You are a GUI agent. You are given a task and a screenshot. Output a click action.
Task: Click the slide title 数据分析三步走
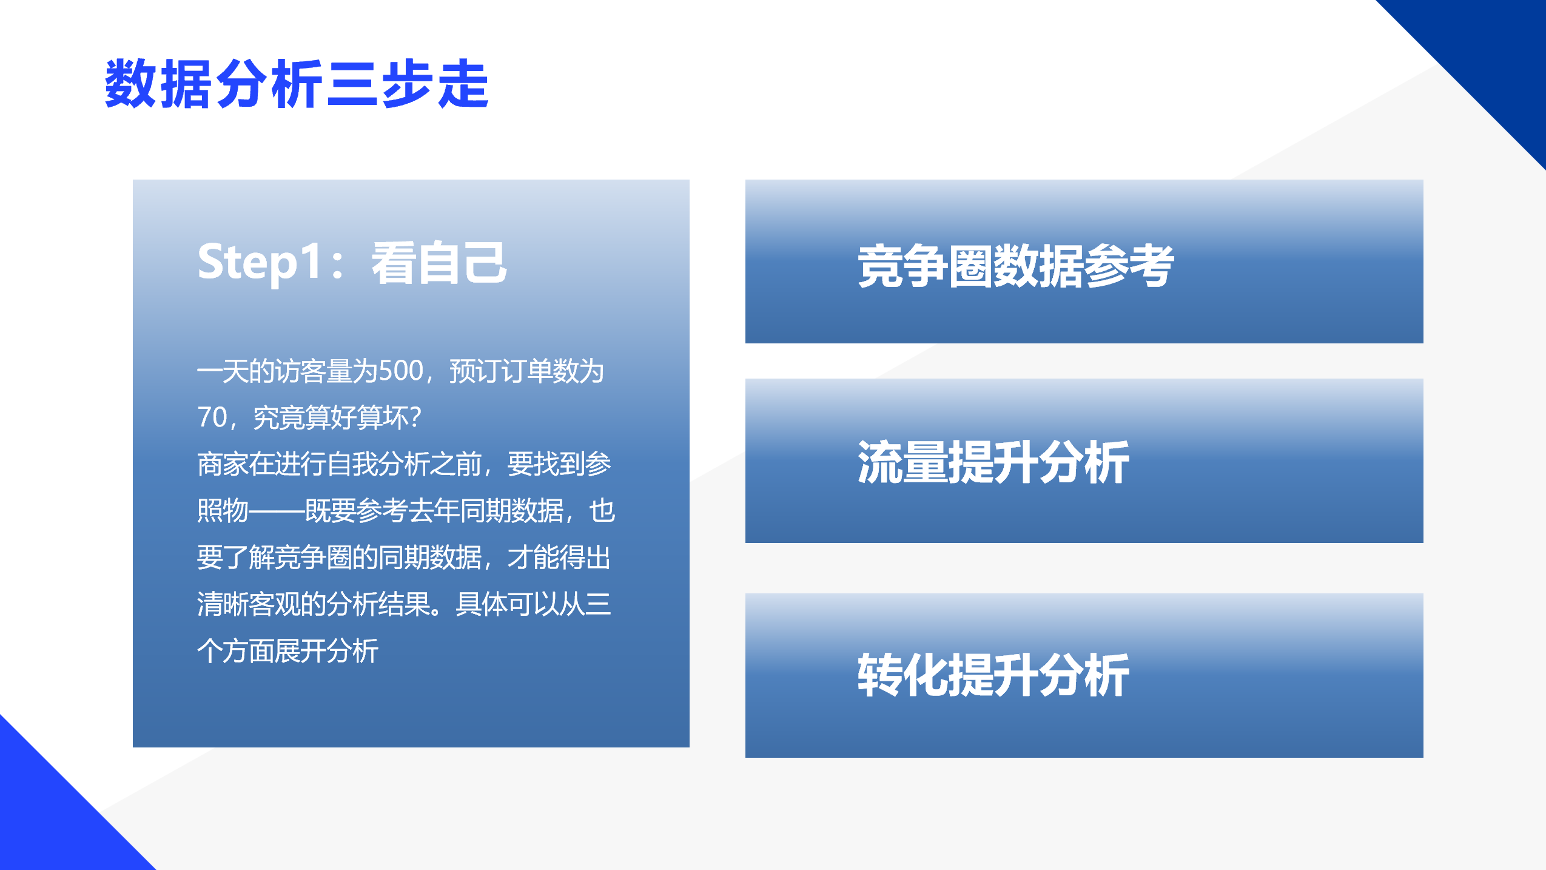click(x=297, y=84)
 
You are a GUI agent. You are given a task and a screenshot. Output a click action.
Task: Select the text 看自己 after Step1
click(x=439, y=263)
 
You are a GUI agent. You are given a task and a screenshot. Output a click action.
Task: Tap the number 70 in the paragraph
click(x=212, y=417)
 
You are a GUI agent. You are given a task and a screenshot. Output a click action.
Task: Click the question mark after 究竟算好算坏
click(x=415, y=417)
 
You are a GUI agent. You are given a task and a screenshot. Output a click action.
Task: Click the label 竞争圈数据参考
click(x=1016, y=266)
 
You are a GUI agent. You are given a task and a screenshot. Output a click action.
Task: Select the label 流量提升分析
click(x=993, y=462)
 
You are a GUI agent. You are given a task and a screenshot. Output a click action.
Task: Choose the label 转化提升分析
click(x=993, y=675)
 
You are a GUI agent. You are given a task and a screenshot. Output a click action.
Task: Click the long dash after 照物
click(x=277, y=511)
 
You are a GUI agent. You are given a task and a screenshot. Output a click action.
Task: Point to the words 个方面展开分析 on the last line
click(x=288, y=651)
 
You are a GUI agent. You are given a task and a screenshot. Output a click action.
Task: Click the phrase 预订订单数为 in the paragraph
click(x=526, y=371)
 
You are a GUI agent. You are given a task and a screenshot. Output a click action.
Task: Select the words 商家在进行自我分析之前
click(x=340, y=464)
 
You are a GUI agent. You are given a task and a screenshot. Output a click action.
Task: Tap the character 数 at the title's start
click(x=131, y=84)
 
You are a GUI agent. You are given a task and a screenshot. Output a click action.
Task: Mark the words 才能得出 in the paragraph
click(x=559, y=558)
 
